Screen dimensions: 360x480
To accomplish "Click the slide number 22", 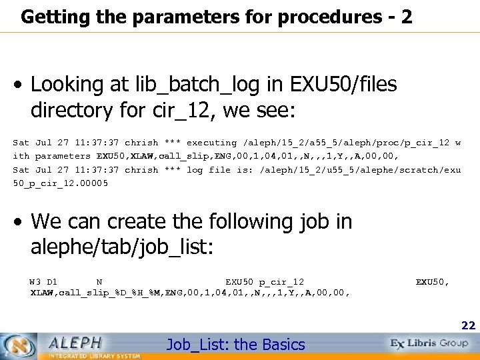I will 469,326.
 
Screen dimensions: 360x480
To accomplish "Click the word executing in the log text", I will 211,143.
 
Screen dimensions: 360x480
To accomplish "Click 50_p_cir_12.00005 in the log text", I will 61,183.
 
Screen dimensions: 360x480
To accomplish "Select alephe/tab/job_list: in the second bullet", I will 121,248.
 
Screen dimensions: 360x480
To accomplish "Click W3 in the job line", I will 35,282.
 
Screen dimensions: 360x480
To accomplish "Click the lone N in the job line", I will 99,282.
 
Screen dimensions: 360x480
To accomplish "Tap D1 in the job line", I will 52,282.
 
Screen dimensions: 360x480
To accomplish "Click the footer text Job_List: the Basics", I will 235,345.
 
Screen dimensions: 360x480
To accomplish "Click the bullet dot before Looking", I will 20,86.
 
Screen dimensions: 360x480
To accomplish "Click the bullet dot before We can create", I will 20,222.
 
